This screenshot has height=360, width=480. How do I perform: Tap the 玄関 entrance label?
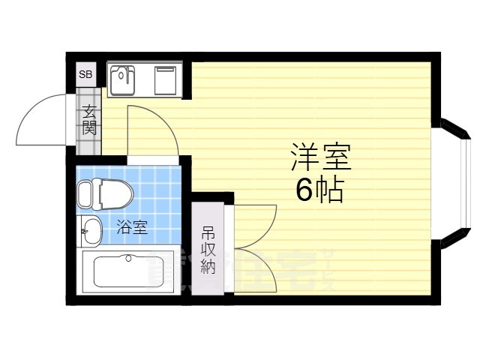point(89,121)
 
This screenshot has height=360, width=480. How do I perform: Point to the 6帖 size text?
point(319,190)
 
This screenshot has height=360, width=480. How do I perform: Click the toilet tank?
point(84,194)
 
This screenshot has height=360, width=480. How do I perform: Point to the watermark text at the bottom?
point(240,270)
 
